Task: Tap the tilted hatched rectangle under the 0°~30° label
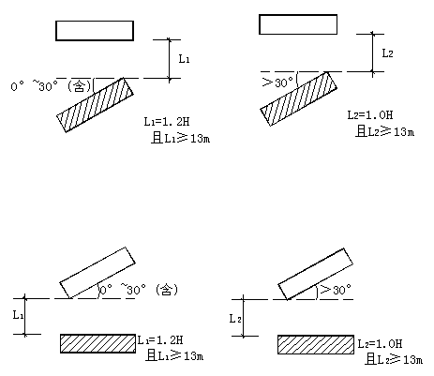click(95, 105)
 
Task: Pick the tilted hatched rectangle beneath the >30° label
click(299, 98)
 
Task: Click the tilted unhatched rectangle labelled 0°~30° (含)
click(97, 273)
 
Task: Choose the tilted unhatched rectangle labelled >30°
click(316, 274)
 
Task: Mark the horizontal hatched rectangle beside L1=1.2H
click(97, 343)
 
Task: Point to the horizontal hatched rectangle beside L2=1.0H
click(316, 345)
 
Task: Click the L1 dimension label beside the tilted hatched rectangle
click(184, 58)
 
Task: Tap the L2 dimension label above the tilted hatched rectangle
click(388, 53)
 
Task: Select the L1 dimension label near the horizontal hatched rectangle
click(18, 315)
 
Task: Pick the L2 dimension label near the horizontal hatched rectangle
click(235, 319)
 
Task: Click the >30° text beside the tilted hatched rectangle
click(277, 83)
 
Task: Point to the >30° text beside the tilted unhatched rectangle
click(336, 290)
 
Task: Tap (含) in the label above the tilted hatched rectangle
click(80, 85)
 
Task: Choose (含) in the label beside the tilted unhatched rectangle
click(167, 290)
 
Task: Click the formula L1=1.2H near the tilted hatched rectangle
click(167, 121)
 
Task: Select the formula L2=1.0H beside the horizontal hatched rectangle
click(380, 344)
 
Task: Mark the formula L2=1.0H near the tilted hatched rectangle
click(370, 114)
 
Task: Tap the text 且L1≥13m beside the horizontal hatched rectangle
click(175, 355)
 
